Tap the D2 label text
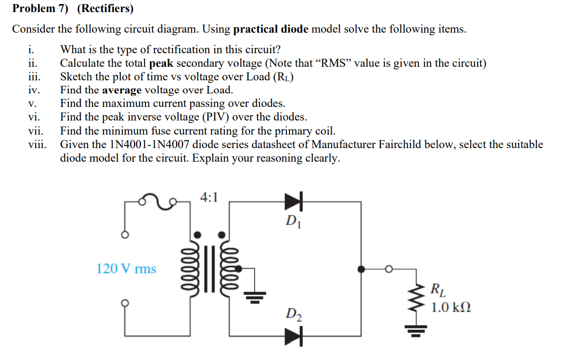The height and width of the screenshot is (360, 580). pyautogui.click(x=294, y=315)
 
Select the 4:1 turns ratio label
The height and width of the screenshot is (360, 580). pyautogui.click(x=209, y=197)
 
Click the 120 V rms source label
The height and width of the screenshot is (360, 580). pyautogui.click(x=126, y=269)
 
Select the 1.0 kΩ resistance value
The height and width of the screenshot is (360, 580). pyautogui.click(x=451, y=307)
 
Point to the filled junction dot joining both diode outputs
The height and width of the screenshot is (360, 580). pyautogui.click(x=360, y=269)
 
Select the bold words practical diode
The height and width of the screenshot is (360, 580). pyautogui.click(x=270, y=29)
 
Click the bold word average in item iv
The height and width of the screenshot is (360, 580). pyautogui.click(x=122, y=90)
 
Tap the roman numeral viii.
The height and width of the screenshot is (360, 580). pyautogui.click(x=37, y=145)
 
